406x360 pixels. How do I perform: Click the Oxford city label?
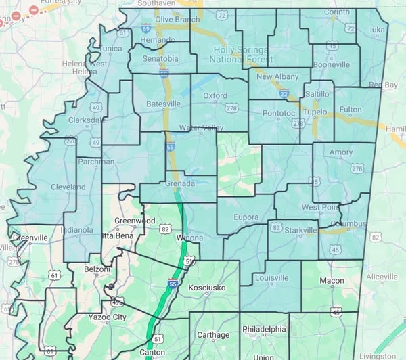click(x=215, y=96)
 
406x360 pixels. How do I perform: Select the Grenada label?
click(x=179, y=183)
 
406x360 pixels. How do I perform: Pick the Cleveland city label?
click(x=68, y=187)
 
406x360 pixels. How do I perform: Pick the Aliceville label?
click(x=382, y=277)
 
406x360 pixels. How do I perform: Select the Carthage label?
click(x=213, y=334)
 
